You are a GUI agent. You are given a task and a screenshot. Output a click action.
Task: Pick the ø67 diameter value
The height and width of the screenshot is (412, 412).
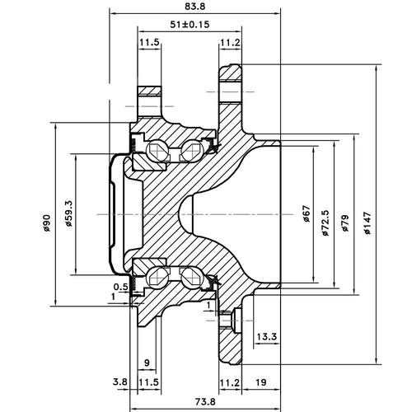tap(307, 217)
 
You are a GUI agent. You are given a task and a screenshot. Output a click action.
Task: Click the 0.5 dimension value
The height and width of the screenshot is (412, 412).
tap(119, 287)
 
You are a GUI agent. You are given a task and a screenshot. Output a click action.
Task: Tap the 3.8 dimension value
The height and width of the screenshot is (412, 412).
tap(119, 382)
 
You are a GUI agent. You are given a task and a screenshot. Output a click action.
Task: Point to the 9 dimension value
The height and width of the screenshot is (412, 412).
tap(146, 363)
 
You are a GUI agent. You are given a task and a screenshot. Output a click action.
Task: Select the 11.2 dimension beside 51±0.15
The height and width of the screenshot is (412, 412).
tap(231, 42)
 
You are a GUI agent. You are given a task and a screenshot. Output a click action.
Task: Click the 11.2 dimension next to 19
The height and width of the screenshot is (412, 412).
tap(231, 382)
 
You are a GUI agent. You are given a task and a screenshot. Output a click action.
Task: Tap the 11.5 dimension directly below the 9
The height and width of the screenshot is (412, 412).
tap(148, 382)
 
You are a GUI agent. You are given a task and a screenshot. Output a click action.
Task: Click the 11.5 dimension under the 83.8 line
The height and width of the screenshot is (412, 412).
tap(149, 42)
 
